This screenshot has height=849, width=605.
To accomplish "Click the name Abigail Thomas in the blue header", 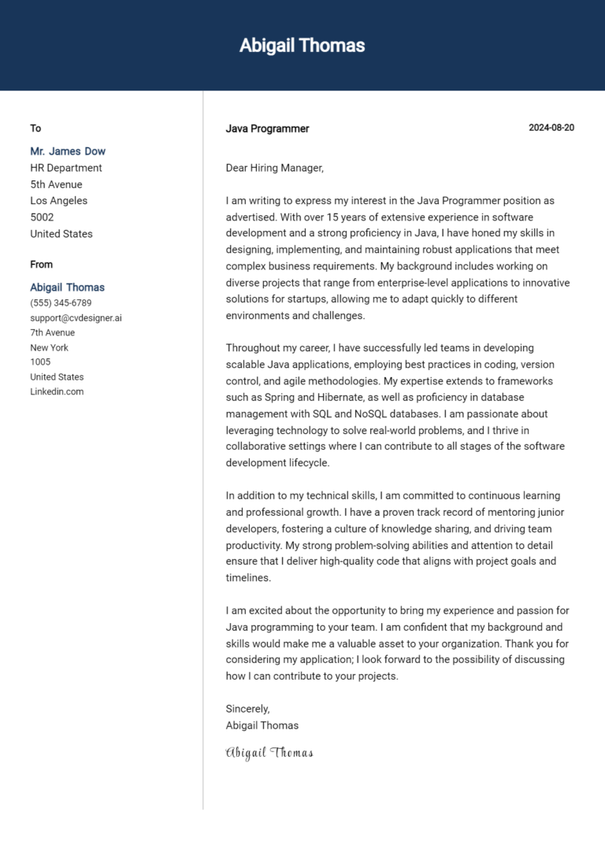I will click(x=302, y=46).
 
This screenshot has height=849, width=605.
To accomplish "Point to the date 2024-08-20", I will click(x=551, y=128).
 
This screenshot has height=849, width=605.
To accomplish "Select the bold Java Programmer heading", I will click(x=267, y=128).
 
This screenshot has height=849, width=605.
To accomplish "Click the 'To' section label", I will click(x=35, y=128).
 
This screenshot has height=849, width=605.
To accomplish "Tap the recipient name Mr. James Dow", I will click(x=68, y=151).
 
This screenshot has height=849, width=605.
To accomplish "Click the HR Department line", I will click(x=66, y=168).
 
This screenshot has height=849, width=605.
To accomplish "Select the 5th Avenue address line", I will click(x=57, y=184).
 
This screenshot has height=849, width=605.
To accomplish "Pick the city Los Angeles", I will click(x=59, y=201).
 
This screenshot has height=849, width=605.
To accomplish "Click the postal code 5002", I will click(x=42, y=217).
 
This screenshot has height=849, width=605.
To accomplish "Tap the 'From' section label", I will click(x=42, y=265).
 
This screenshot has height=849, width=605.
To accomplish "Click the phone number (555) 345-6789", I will click(x=61, y=303).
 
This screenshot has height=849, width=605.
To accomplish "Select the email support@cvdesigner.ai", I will click(x=76, y=318).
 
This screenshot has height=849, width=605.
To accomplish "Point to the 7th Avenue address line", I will click(x=53, y=332).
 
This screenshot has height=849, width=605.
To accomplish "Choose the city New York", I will click(x=49, y=347).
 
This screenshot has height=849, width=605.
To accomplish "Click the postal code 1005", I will click(x=40, y=362).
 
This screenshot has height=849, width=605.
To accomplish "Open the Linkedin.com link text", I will click(x=57, y=391).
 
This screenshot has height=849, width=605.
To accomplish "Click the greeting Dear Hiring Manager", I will click(x=274, y=168).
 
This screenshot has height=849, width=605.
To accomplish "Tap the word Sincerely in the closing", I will click(x=247, y=709).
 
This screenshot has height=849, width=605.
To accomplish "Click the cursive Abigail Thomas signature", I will click(x=269, y=753).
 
